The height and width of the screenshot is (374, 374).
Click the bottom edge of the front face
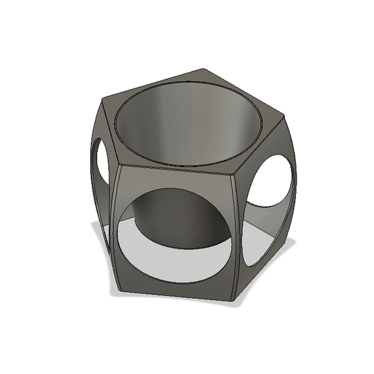tap(174, 295)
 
